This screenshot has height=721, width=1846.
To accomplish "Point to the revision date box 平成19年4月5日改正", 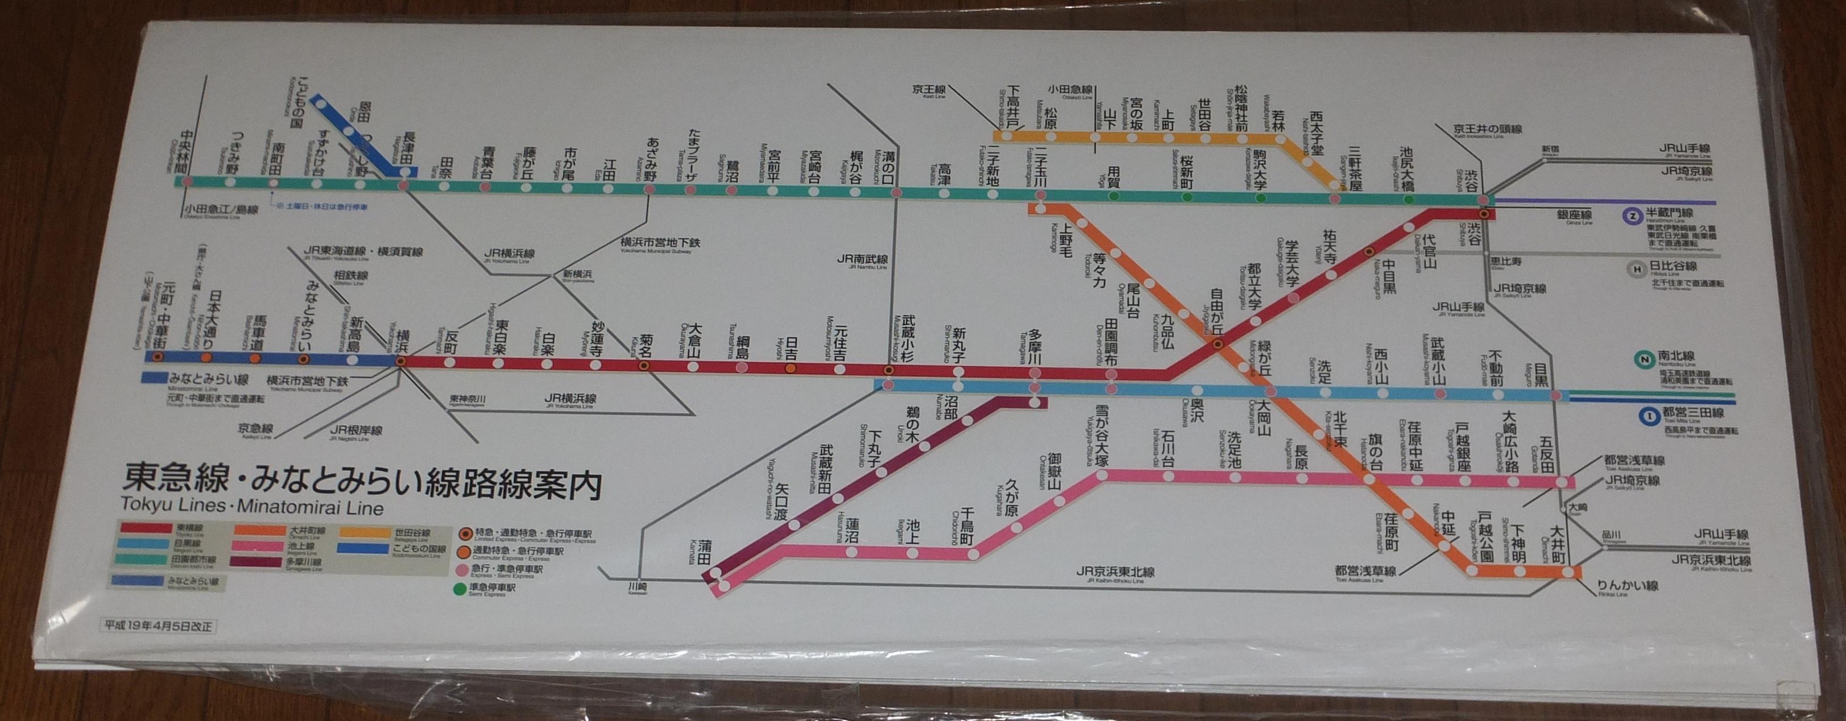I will (x=158, y=625).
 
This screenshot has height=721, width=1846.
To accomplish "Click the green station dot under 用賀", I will (x=1114, y=196).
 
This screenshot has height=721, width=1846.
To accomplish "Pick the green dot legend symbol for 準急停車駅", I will (x=458, y=591).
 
